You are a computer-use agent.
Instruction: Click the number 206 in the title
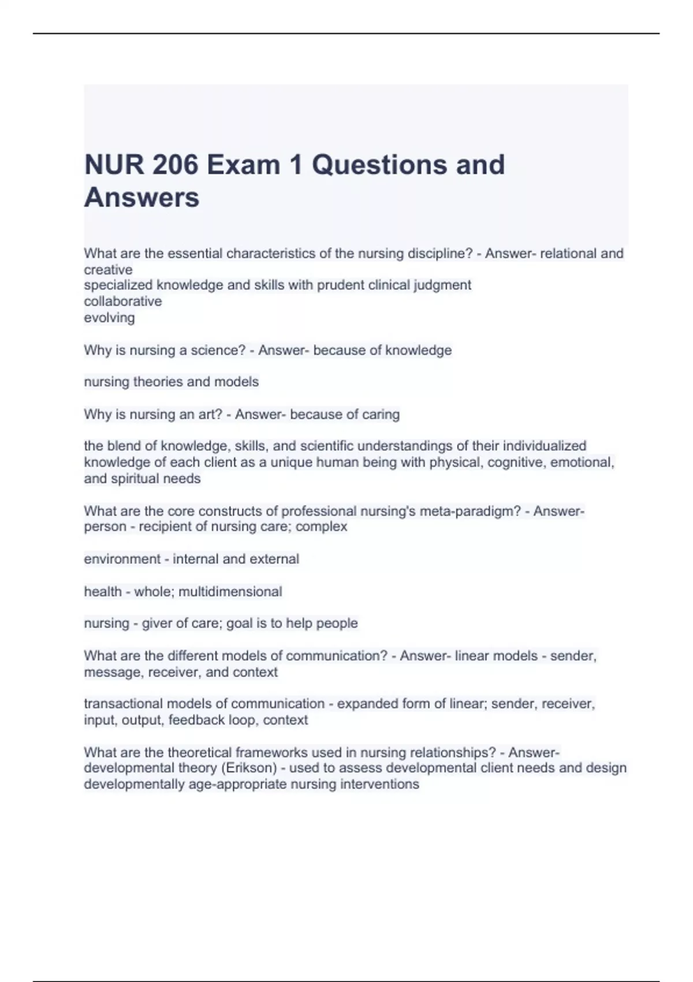(176, 165)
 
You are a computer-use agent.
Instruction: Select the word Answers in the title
(142, 198)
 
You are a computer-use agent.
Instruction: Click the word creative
(108, 270)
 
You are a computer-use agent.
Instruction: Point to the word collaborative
(123, 302)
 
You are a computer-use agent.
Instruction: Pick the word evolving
(109, 318)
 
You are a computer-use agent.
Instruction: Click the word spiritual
(135, 479)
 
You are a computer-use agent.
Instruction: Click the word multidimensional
(230, 592)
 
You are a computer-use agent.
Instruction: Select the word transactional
(123, 704)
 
